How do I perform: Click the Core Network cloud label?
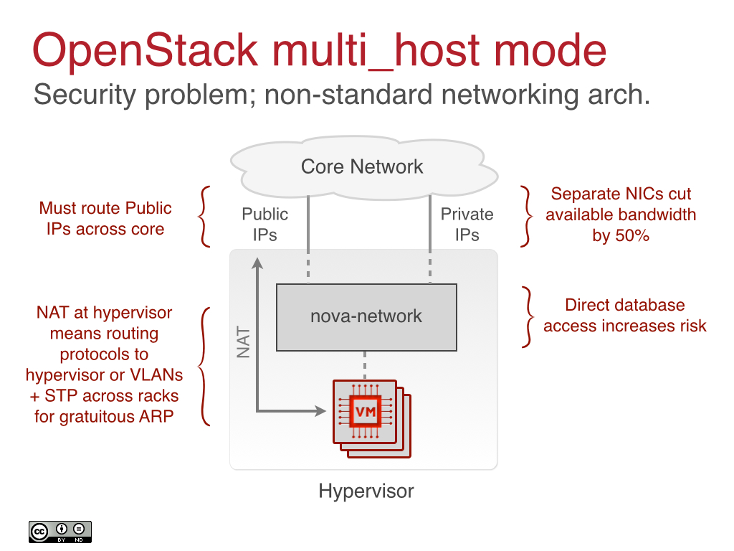362,166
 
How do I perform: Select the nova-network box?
366,317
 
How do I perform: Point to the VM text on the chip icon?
364,413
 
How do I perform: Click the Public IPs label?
264,224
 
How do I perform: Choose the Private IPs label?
467,224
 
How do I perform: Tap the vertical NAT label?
244,343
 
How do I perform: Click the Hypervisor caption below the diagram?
366,491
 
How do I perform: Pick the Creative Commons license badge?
60,531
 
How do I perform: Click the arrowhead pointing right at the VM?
320,411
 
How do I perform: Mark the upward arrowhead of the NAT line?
257,264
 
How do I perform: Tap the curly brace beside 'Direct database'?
527,316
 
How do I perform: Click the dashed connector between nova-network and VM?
366,364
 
